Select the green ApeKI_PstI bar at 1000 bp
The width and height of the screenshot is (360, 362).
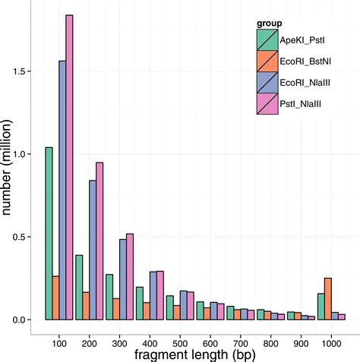click(321, 307)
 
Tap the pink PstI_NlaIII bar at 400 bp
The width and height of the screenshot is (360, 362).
click(160, 295)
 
